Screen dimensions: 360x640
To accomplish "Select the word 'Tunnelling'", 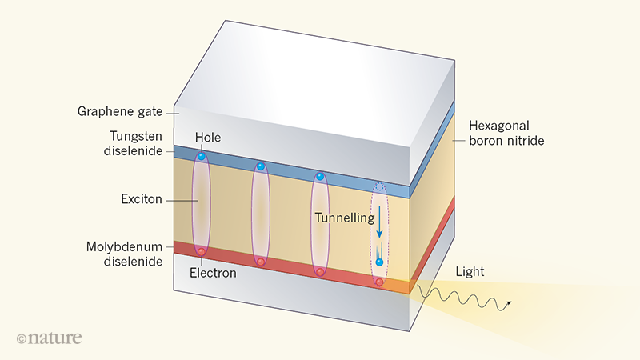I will (344, 218).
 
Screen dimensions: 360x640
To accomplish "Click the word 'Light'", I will (470, 272).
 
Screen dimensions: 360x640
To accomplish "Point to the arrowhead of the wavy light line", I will (509, 307).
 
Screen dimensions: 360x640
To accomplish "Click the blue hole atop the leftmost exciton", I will (202, 155).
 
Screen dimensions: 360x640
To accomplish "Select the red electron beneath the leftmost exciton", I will (202, 253).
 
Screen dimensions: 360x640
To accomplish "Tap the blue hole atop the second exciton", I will (260, 167).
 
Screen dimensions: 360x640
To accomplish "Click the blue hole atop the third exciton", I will (319, 176).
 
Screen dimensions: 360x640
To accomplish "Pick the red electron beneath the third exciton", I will (319, 273).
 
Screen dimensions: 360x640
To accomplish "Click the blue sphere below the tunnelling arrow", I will (379, 262).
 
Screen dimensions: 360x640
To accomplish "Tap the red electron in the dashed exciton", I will (379, 282).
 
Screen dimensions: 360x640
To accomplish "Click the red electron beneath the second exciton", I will (260, 262).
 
